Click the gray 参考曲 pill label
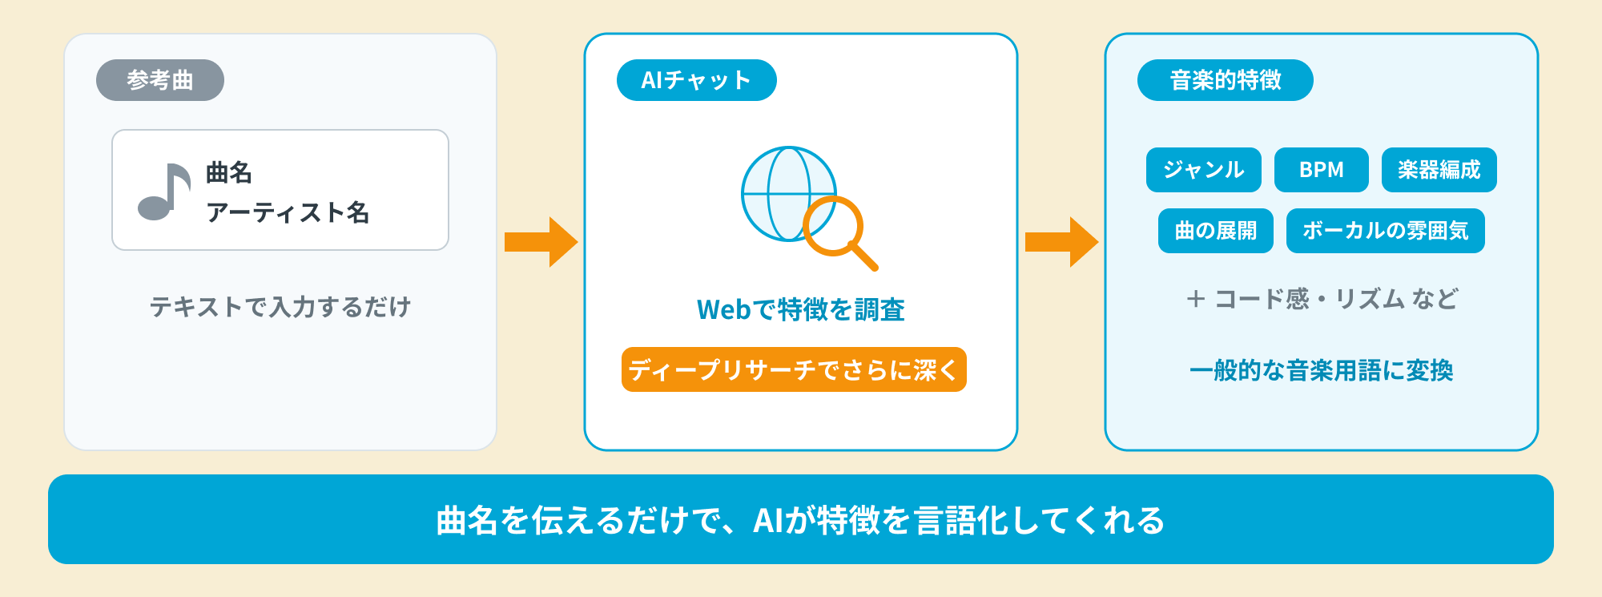coord(160,80)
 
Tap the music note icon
coord(164,192)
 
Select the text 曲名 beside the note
coord(229,172)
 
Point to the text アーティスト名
coord(288,212)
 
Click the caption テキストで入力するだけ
coord(280,306)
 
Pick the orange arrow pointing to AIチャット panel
coord(541,242)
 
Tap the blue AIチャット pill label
coord(697,80)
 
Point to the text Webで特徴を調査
coord(801,309)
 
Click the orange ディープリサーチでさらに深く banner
coord(794,369)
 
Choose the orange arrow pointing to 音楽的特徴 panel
coord(1062,242)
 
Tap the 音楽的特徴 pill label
coord(1226,80)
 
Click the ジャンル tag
coord(1204,170)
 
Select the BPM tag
coord(1322,170)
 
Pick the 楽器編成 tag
coord(1439,170)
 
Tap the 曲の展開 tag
coord(1216,231)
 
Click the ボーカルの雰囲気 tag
coord(1386,231)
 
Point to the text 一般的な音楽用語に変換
coord(1322,370)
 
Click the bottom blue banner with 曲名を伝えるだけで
coord(801,519)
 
